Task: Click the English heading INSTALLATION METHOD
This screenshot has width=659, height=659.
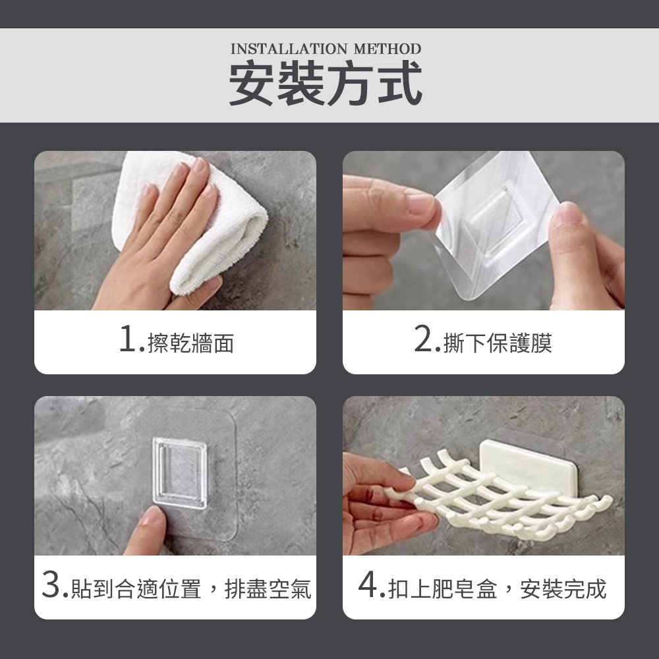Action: coord(326,49)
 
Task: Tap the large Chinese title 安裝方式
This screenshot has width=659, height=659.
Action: coord(326,82)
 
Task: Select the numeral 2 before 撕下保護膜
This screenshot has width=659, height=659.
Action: coord(423,339)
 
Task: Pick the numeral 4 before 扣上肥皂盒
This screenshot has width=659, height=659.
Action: coord(368,584)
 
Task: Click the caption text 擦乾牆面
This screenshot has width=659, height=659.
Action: coord(191,343)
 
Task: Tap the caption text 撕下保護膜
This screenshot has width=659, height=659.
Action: coord(498,343)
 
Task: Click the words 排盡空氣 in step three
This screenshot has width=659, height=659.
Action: coord(268,588)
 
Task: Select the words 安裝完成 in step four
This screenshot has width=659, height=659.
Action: coord(563,588)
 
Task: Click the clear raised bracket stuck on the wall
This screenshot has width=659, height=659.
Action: coord(180,473)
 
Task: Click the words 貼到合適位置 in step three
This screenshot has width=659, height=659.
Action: coord(136,588)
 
